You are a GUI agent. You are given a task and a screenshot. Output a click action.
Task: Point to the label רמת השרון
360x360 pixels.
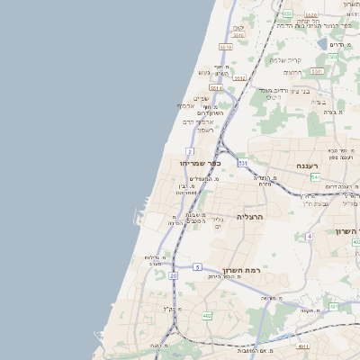[241, 272]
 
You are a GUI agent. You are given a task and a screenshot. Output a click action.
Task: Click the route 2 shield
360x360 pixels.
[190, 151]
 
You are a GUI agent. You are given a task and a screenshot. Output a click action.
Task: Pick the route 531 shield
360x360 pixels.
[243, 163]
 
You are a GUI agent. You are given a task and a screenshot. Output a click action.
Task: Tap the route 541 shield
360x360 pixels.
[315, 177]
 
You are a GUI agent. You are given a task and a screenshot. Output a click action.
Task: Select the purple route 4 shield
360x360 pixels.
[309, 236]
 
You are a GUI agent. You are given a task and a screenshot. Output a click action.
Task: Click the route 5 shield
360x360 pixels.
[197, 267]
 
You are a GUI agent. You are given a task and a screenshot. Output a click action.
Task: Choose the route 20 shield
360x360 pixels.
[172, 275]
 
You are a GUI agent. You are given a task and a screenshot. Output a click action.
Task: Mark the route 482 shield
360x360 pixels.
[207, 315]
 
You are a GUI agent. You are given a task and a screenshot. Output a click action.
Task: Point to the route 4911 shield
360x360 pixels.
[303, 346]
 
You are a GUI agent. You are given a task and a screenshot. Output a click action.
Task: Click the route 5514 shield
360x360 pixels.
[215, 88]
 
